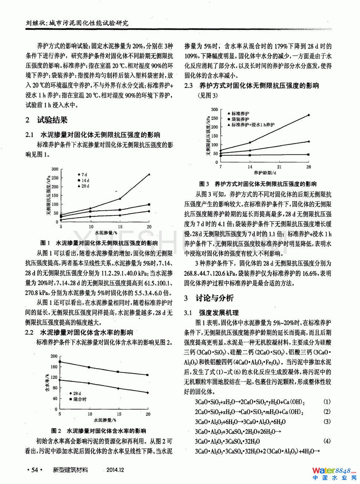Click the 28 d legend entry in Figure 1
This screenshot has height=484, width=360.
coord(84,186)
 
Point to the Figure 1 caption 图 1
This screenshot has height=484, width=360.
coord(45,243)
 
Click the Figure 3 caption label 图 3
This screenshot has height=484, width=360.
coord(204,184)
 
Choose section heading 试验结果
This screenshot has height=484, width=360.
coord(52,120)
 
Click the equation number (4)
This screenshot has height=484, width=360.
coord(327,441)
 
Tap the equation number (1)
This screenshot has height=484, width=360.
coord(327,402)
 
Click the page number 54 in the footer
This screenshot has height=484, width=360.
coord(35,470)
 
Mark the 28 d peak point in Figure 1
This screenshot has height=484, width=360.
coord(149,174)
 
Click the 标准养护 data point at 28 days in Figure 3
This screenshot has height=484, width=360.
coord(309,115)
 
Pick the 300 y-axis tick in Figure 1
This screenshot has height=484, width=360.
coord(55,169)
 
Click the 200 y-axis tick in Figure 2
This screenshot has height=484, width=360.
coord(54,356)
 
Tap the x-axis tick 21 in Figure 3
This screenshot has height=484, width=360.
coord(279,167)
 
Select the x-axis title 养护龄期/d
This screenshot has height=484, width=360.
coord(265,173)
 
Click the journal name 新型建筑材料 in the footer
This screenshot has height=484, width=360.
coord(71,470)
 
